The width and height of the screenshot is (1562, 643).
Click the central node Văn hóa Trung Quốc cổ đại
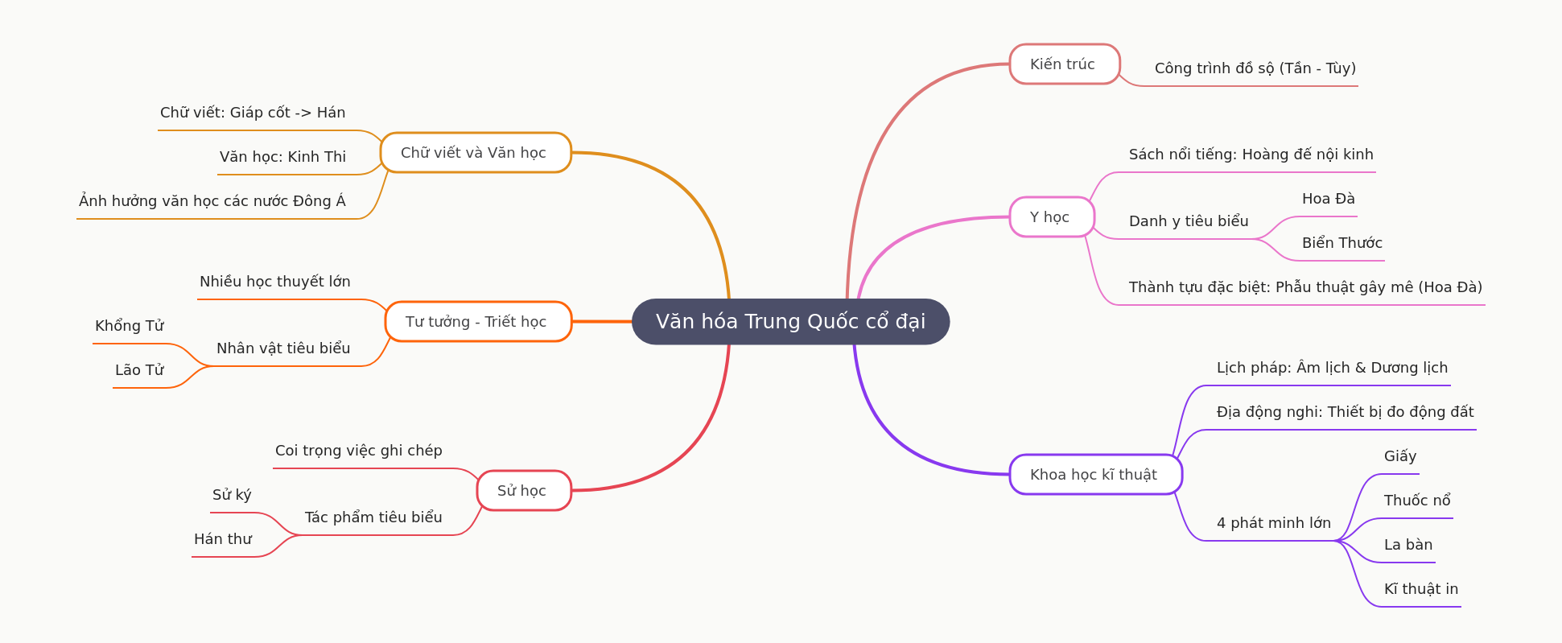click(x=790, y=322)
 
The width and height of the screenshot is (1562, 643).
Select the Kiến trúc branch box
click(x=1064, y=64)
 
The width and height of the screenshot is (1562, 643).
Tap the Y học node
click(x=1051, y=217)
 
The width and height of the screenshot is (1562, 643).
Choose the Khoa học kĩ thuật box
click(x=1094, y=475)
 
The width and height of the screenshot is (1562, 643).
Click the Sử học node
click(x=523, y=491)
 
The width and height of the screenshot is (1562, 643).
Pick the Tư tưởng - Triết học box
click(x=477, y=322)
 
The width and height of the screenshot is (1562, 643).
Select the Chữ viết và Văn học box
click(x=475, y=153)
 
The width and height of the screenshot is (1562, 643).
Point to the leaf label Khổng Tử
click(x=130, y=326)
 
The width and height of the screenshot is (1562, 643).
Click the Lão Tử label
click(x=139, y=370)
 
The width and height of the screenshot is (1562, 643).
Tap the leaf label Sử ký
click(x=232, y=495)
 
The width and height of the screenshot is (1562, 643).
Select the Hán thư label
click(x=223, y=539)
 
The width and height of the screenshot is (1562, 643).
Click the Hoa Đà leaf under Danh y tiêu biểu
click(x=1328, y=199)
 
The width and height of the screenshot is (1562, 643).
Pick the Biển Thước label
click(x=1342, y=243)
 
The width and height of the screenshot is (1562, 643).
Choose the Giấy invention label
click(x=1399, y=456)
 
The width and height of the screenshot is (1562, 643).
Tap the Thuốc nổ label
click(x=1416, y=501)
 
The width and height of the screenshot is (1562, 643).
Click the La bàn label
click(x=1407, y=545)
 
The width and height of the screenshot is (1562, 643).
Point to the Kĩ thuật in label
click(x=1420, y=589)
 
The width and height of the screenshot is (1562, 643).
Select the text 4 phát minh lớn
click(x=1273, y=523)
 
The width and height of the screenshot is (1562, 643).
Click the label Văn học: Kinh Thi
click(x=282, y=157)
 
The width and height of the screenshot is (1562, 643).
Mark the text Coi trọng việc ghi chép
click(x=358, y=451)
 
